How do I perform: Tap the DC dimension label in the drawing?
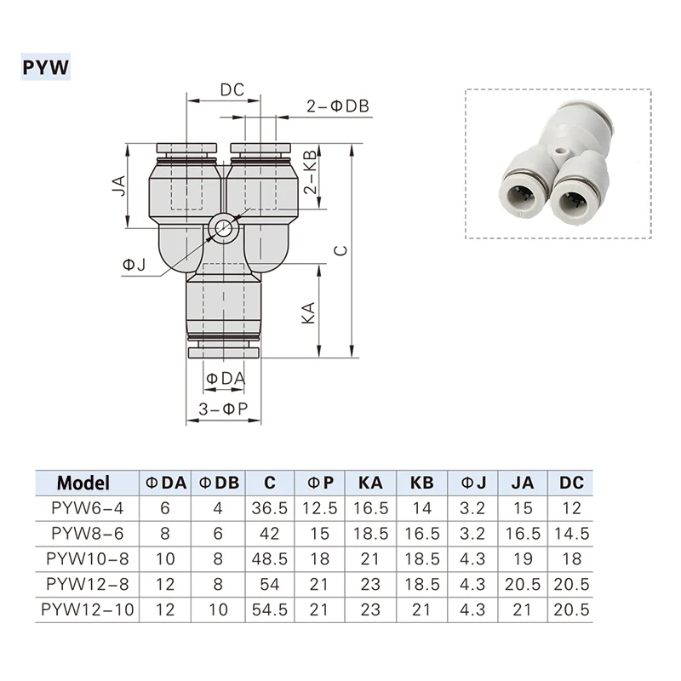click(232, 90)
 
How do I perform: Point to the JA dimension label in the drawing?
click(120, 186)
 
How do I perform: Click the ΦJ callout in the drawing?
click(134, 266)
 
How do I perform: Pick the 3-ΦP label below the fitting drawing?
click(223, 409)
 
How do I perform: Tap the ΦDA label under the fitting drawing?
click(225, 377)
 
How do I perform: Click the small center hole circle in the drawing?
click(223, 227)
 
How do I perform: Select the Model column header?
click(83, 483)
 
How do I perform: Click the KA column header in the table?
click(369, 483)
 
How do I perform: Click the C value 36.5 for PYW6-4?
click(270, 508)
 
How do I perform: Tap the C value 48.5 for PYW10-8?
click(270, 559)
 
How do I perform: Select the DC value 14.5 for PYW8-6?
click(572, 534)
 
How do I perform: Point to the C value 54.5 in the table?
click(270, 610)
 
